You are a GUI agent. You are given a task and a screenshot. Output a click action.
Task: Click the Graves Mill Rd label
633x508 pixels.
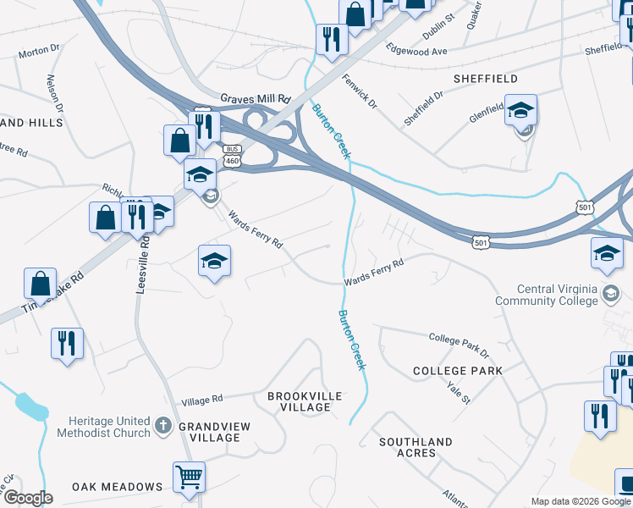click(x=255, y=98)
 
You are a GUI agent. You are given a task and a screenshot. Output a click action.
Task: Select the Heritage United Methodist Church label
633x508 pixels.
click(x=102, y=427)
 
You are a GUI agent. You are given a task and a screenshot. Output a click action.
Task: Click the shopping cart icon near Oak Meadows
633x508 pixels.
click(x=190, y=476)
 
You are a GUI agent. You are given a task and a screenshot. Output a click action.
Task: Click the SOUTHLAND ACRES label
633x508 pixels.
click(x=416, y=447)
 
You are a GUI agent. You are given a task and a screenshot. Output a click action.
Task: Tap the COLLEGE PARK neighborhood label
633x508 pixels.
click(x=457, y=371)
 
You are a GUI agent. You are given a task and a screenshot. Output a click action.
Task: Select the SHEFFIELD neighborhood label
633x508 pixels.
click(x=486, y=79)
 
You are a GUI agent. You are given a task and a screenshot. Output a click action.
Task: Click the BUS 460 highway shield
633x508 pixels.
click(x=233, y=156)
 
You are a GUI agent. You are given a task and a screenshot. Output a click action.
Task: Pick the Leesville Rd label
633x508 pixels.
click(x=142, y=264)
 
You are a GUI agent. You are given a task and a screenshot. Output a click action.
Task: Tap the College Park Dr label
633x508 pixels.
click(x=459, y=345)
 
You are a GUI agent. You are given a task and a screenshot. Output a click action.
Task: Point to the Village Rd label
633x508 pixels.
click(x=201, y=399)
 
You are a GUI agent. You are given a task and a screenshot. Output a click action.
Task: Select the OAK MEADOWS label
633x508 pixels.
click(x=117, y=487)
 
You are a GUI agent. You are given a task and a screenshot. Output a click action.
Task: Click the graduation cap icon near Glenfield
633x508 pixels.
click(x=521, y=110)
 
